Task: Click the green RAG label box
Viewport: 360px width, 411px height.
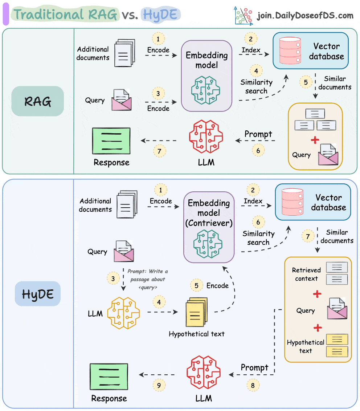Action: tap(38, 101)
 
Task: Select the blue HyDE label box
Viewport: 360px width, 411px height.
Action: tap(38, 294)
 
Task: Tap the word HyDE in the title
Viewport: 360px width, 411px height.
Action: tap(160, 15)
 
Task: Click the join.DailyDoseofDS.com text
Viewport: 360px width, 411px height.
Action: tap(305, 16)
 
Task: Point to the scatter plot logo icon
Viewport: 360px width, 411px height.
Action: tap(243, 15)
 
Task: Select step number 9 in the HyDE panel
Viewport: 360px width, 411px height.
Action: tap(159, 385)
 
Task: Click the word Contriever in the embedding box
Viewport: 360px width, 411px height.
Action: tap(209, 223)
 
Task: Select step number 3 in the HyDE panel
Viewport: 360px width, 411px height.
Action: tap(113, 278)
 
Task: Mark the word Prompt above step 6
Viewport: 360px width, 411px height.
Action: tap(258, 134)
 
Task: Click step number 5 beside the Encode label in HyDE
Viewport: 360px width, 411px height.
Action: tap(196, 285)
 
